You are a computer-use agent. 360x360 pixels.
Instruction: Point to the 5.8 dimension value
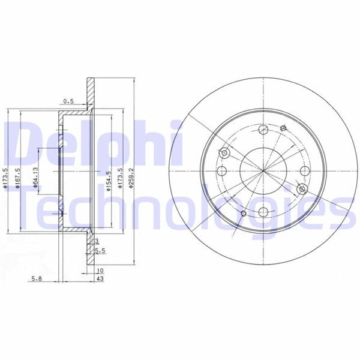(37, 279)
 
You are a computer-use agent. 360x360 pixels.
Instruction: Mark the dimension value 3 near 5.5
(97, 241)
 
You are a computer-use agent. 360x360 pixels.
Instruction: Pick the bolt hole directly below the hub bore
(263, 211)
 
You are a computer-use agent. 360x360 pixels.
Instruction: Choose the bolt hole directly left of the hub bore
(223, 171)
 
